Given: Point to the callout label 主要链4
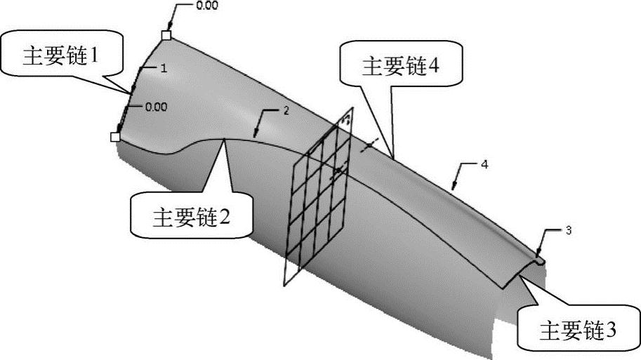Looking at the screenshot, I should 400,65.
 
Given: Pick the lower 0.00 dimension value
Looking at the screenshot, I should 155,107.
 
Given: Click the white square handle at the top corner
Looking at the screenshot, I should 166,35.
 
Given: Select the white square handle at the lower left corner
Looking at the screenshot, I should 115,137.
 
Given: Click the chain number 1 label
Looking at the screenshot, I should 163,68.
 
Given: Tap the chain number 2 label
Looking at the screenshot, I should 286,111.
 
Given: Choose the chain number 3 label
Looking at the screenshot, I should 567,230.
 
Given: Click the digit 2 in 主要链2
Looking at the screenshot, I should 225,217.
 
